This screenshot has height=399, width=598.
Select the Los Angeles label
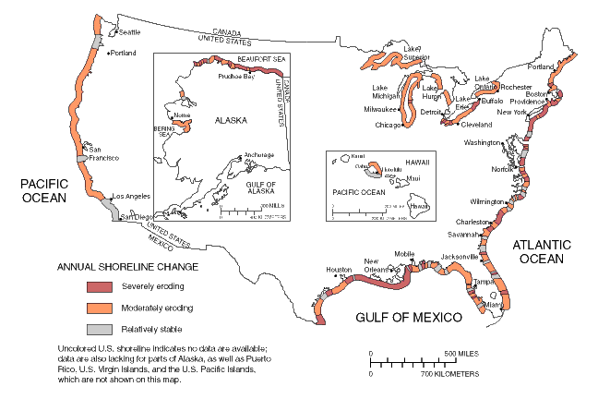coord(128,197)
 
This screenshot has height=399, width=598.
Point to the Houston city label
coord(340,270)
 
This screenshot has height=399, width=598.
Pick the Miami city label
coord(494,304)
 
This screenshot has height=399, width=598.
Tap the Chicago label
coord(389,125)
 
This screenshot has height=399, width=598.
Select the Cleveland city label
coord(477,124)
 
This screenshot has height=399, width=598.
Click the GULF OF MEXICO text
coord(409,318)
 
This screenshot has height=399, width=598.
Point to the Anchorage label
coord(258,155)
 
